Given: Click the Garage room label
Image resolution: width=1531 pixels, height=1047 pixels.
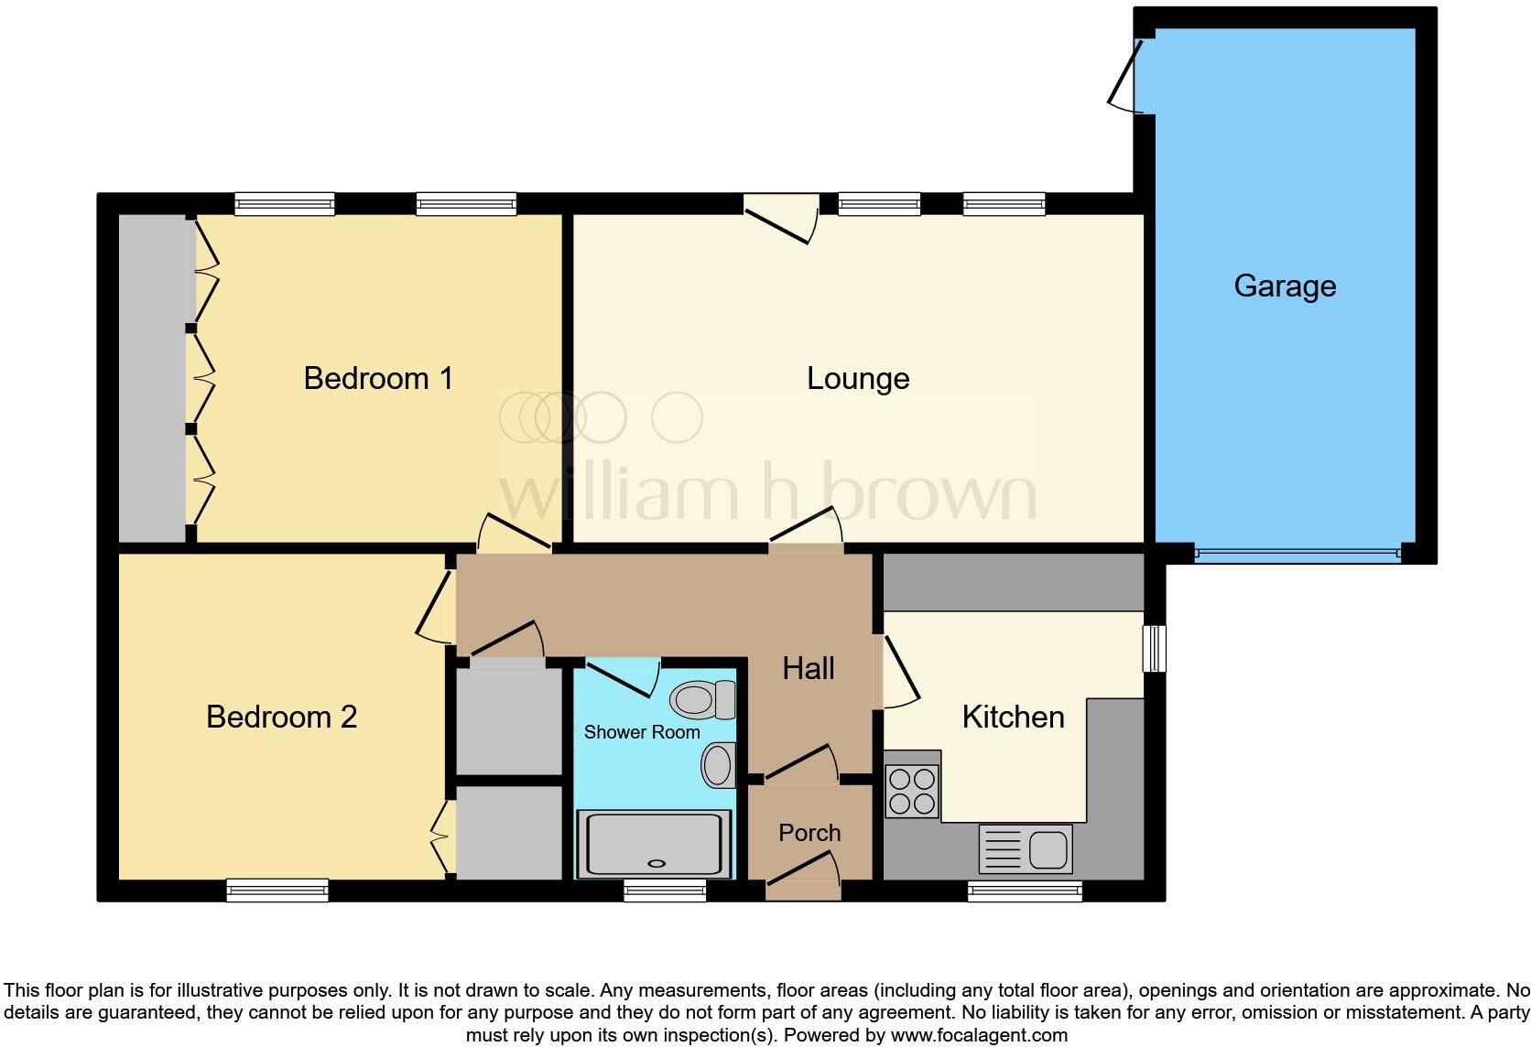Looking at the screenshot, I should pyautogui.click(x=1284, y=286).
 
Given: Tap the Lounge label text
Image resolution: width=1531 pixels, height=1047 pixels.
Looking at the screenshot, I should pyautogui.click(x=858, y=379).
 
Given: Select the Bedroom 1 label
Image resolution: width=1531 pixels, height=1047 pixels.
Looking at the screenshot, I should pyautogui.click(x=378, y=378).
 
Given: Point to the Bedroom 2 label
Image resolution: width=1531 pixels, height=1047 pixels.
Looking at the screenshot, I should pyautogui.click(x=281, y=717).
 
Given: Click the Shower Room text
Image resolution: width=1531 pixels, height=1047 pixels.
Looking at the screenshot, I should pyautogui.click(x=641, y=732).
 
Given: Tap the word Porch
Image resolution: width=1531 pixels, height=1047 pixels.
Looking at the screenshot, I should pyautogui.click(x=809, y=833).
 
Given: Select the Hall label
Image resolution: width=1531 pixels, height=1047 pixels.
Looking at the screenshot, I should pyautogui.click(x=809, y=668).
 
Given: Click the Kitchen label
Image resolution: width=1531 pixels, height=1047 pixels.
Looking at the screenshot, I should pyautogui.click(x=1013, y=717).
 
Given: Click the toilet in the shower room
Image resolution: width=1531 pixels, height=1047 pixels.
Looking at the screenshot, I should pyautogui.click(x=702, y=702).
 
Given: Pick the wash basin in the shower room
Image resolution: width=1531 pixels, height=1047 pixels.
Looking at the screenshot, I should pyautogui.click(x=719, y=764).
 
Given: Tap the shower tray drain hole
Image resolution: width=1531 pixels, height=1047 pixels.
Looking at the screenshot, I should pyautogui.click(x=655, y=862).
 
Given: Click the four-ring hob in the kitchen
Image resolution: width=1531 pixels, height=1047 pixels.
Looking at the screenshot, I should pyautogui.click(x=912, y=792).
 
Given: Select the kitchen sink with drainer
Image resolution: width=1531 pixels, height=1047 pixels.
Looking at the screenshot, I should pyautogui.click(x=1025, y=848).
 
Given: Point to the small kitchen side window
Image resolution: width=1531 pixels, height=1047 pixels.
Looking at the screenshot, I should pyautogui.click(x=1155, y=648).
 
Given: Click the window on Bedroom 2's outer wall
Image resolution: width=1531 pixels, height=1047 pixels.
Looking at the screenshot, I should pyautogui.click(x=277, y=890).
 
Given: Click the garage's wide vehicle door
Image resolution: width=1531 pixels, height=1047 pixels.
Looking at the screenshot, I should pyautogui.click(x=1297, y=553).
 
